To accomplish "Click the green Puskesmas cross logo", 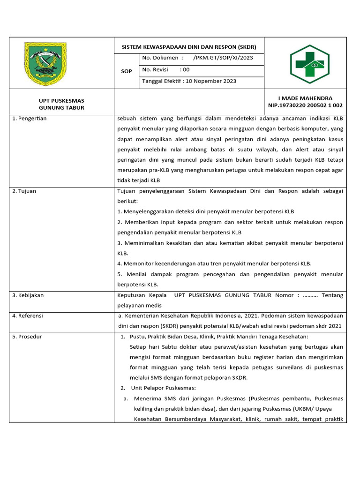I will click(x=309, y=64).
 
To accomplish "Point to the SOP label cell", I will click(x=126, y=71).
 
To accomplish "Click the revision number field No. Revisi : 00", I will click(x=166, y=69).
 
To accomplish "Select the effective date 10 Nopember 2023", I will click(x=211, y=81).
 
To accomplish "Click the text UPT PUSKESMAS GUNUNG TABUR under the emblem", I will click(x=61, y=104).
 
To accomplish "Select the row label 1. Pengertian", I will click(x=30, y=119).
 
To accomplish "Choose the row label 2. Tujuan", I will click(x=24, y=191).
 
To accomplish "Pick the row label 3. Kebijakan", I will click(x=28, y=295).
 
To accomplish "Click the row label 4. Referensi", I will click(x=28, y=316).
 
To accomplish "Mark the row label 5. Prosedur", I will click(x=27, y=337).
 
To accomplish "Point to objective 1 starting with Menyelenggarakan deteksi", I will click(x=206, y=211).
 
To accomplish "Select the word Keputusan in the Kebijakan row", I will click(x=132, y=295).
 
